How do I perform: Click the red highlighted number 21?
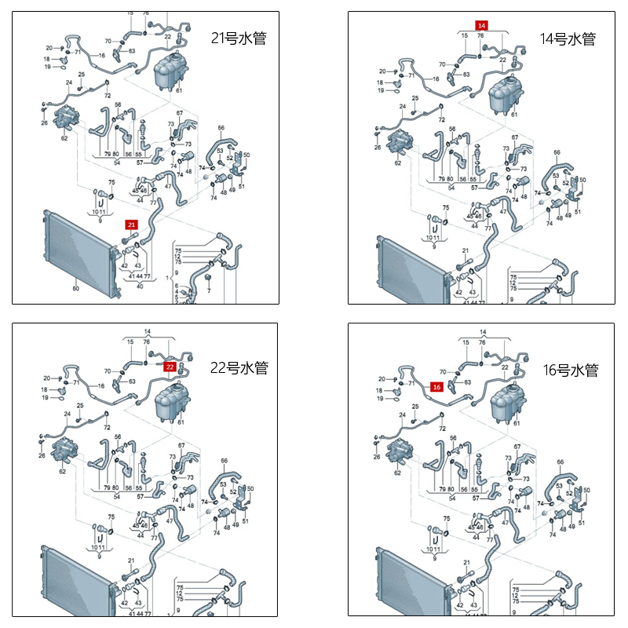(x=131, y=225)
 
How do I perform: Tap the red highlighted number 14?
(x=482, y=26)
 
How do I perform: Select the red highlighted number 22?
(x=170, y=366)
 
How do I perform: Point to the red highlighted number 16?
(x=437, y=386)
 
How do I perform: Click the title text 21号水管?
(x=239, y=38)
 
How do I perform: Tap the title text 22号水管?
(x=239, y=368)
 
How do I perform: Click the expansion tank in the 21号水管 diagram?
(x=166, y=66)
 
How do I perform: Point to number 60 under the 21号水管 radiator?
(x=76, y=289)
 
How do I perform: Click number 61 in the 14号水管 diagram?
(x=515, y=115)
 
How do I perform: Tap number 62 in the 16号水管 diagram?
(x=397, y=473)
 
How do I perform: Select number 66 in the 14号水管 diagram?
(x=557, y=152)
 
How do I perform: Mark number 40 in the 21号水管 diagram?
(x=140, y=286)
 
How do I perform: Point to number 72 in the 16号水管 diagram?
(x=443, y=429)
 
